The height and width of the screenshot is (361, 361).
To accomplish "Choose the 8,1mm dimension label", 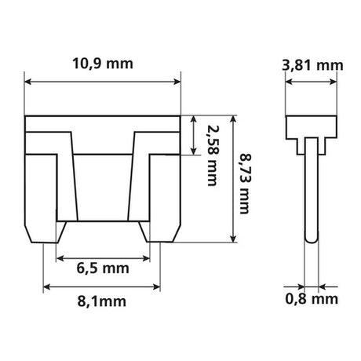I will click(x=104, y=301).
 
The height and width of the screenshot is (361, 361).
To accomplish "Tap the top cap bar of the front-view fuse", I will click(x=105, y=123).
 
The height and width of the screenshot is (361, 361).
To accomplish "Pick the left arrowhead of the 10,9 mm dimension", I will click(x=30, y=80).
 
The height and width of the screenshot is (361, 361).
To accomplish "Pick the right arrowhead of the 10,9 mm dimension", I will click(x=179, y=80).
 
